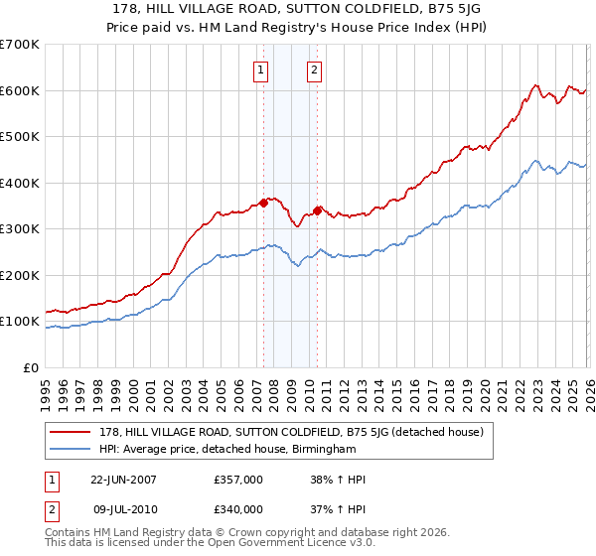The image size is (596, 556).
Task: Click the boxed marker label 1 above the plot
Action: [260, 69]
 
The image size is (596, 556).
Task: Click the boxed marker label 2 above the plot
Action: [314, 69]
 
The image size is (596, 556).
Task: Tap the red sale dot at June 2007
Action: [264, 203]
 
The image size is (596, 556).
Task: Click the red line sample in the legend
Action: [72, 432]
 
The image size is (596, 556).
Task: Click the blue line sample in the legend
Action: [72, 449]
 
